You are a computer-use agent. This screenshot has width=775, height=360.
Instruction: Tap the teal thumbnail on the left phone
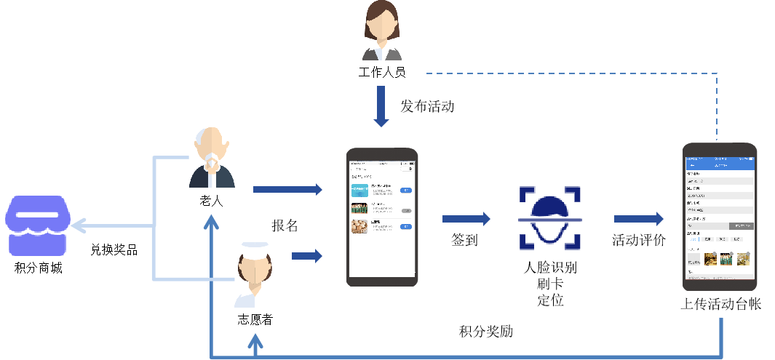pyautogui.click(x=359, y=191)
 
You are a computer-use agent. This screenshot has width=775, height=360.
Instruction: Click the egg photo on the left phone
pyautogui.click(x=359, y=227)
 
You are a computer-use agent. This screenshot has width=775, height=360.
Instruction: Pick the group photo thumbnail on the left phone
pyautogui.click(x=359, y=209)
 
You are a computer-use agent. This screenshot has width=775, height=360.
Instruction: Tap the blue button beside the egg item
pyautogui.click(x=406, y=227)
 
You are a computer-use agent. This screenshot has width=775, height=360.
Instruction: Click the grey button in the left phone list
pyautogui.click(x=406, y=209)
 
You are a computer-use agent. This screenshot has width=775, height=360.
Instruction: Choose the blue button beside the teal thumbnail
pyautogui.click(x=406, y=191)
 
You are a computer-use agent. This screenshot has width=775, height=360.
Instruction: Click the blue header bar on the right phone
pyautogui.click(x=719, y=166)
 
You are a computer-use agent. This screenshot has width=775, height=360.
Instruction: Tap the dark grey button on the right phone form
pyautogui.click(x=741, y=226)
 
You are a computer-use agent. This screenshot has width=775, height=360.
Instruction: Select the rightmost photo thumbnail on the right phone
pyautogui.click(x=743, y=258)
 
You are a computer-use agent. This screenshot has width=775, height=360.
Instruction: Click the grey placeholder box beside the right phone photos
pyautogui.click(x=694, y=259)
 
